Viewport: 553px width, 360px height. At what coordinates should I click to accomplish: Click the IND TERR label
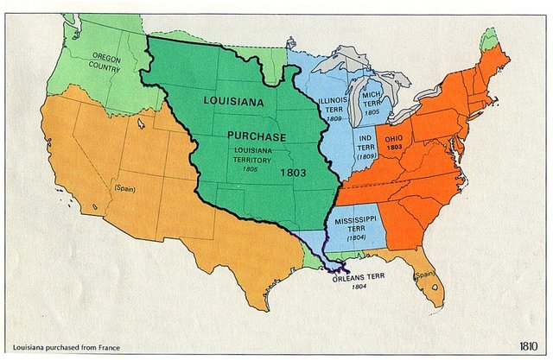(365, 147)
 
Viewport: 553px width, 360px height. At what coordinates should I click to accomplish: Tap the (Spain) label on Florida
(423, 276)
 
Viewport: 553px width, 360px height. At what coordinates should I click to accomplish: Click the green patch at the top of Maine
(490, 38)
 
